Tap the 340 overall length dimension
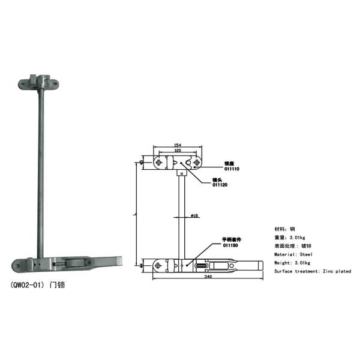click(x=208, y=277)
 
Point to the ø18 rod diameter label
click(x=194, y=215)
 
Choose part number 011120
click(x=220, y=185)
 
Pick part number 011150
click(x=230, y=245)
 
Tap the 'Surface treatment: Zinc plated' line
click(x=313, y=271)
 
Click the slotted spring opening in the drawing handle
click(x=202, y=265)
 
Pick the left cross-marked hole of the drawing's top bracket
click(x=159, y=163)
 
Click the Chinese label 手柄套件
click(x=230, y=239)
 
